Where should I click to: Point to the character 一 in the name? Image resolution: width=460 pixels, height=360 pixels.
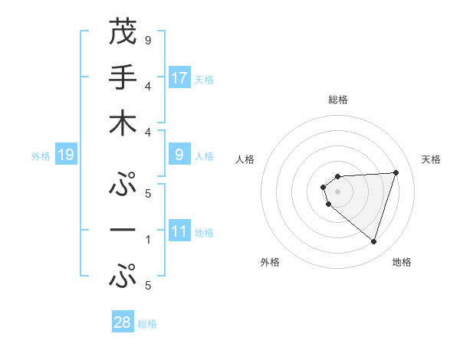coord(123,230)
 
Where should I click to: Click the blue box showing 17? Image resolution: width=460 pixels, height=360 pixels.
coord(179,78)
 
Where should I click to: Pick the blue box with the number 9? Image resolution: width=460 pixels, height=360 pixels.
coord(179,155)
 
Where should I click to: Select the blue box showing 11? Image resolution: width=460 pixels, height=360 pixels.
coord(179,231)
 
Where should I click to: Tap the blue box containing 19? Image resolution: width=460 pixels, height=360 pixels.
coord(65,155)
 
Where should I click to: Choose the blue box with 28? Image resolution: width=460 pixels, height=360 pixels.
coord(123,322)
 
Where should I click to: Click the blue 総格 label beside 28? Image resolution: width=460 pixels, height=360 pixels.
coord(147,323)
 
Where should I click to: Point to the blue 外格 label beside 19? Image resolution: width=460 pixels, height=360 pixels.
coord(41,156)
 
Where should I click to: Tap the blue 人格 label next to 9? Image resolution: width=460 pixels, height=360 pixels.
coord(204,156)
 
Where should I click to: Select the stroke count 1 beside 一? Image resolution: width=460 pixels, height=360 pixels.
coord(147,239)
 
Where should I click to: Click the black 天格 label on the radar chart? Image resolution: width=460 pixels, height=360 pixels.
coord(431,159)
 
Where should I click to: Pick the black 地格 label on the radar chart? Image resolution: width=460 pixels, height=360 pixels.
coord(402,262)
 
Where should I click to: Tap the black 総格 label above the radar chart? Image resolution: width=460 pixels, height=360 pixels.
coord(338,100)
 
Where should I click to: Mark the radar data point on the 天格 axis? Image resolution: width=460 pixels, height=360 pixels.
coord(396,172)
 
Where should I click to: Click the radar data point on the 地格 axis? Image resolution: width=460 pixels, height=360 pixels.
coord(373,242)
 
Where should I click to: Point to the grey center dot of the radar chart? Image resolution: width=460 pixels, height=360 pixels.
coord(337,191)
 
